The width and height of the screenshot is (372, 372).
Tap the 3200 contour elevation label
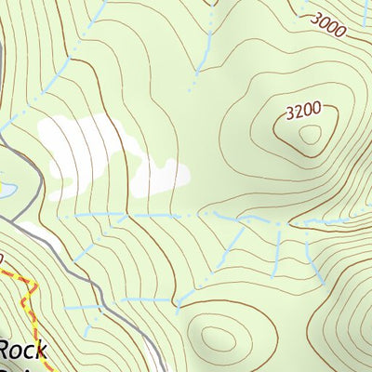(304, 111)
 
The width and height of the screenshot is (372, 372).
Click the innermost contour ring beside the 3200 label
(311, 136)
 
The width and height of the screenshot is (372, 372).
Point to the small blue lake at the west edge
(5, 191)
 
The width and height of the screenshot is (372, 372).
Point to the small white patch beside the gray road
(28, 229)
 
